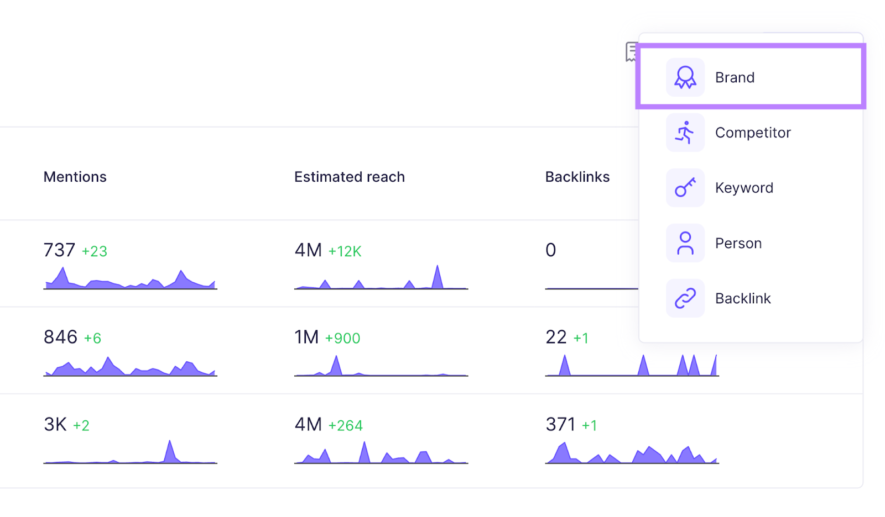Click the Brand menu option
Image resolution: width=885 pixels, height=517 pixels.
click(735, 77)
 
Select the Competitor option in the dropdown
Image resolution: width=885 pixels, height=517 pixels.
click(752, 133)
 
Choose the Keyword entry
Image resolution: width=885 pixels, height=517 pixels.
click(743, 188)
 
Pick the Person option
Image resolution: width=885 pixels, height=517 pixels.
click(738, 243)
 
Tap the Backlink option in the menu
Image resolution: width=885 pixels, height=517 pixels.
click(742, 298)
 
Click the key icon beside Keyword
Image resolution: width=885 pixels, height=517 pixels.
click(685, 188)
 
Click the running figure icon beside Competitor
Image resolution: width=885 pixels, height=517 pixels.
click(685, 133)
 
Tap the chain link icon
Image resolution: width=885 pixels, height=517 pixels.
click(685, 298)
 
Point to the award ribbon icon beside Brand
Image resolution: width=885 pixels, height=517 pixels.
click(685, 77)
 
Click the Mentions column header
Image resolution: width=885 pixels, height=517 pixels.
click(75, 177)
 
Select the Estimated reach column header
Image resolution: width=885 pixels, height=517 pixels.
click(349, 177)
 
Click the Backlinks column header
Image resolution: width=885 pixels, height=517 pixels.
click(577, 177)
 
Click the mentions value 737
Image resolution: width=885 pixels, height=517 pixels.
click(59, 250)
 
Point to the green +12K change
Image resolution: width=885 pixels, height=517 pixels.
click(345, 251)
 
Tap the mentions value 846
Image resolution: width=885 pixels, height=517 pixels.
click(60, 337)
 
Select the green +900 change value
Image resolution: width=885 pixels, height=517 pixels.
click(342, 338)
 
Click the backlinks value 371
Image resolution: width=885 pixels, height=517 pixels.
click(560, 424)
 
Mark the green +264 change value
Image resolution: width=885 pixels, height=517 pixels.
click(345, 425)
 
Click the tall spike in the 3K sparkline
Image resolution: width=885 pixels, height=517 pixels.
click(170, 450)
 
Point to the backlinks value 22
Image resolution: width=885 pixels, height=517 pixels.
click(556, 337)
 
